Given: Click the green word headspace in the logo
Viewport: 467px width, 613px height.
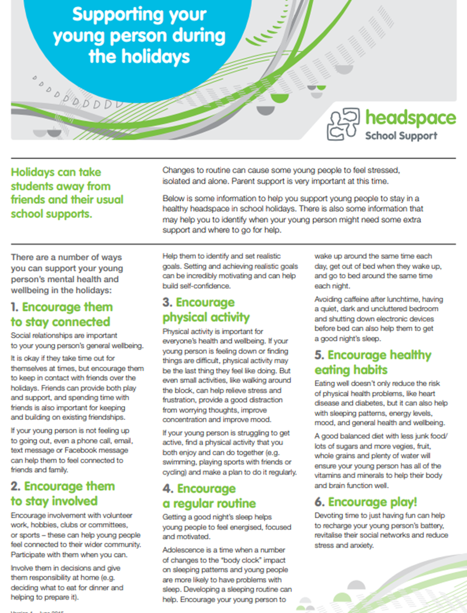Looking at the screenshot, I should tap(410, 119).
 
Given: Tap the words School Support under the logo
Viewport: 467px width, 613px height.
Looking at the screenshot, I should tap(401, 136).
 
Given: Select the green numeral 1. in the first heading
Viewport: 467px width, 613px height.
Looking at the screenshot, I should tap(15, 308).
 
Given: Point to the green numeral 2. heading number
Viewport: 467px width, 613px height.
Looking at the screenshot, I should tap(16, 486).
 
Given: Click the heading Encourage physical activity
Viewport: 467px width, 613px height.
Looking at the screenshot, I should tap(199, 310).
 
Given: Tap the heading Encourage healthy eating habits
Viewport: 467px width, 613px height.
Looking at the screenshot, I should tap(373, 362).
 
